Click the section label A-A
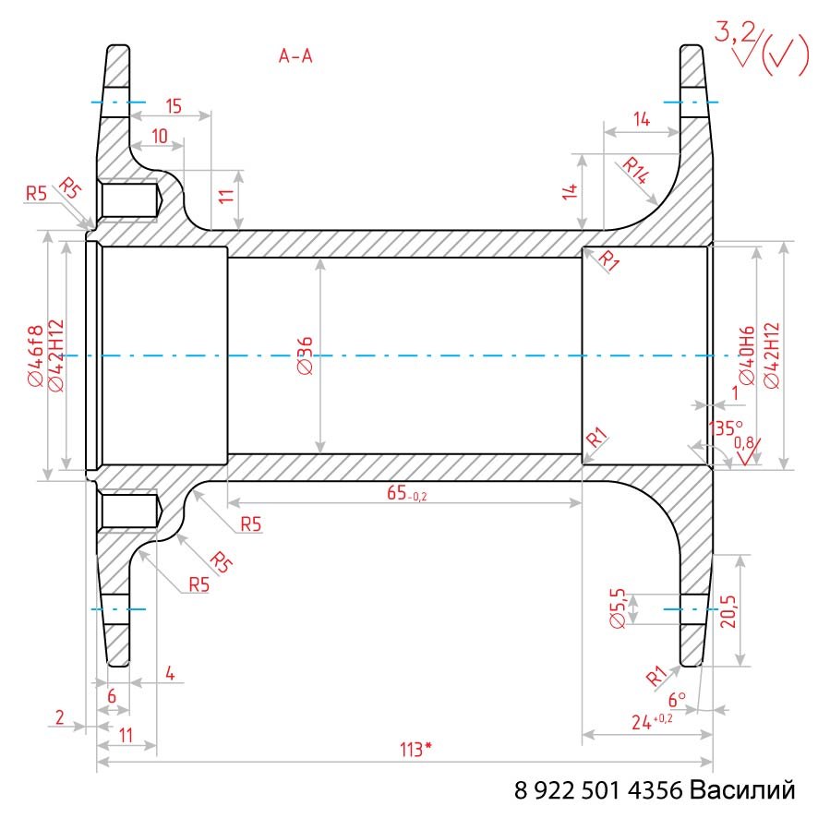tap(295, 55)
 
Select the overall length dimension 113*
tap(415, 750)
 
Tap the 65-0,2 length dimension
tap(406, 493)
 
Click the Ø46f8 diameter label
tap(36, 355)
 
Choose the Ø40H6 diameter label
tap(747, 355)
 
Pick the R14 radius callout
tap(636, 171)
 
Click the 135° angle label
tap(725, 428)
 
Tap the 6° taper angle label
tap(677, 699)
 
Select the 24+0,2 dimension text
tap(652, 721)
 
